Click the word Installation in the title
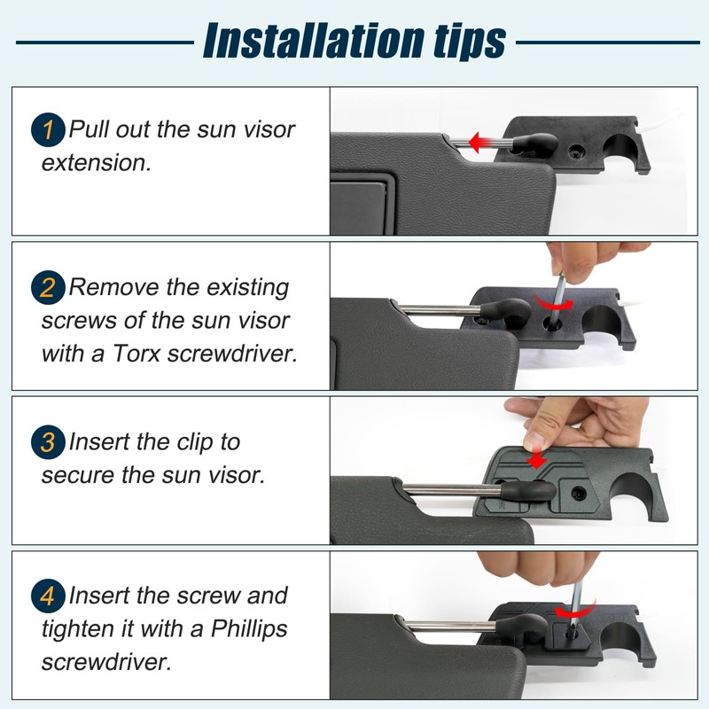tap(314, 41)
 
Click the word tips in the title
tap(470, 42)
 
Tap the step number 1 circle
tap(48, 129)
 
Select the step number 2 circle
tap(48, 287)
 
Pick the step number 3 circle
tap(48, 442)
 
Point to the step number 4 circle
tap(48, 596)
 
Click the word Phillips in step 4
tap(249, 629)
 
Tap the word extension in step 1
tap(96, 163)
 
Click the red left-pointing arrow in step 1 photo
tap(491, 142)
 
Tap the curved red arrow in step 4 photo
tap(574, 611)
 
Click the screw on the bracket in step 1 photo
tap(575, 152)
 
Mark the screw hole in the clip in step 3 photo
tap(579, 493)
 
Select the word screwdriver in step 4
tap(106, 662)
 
